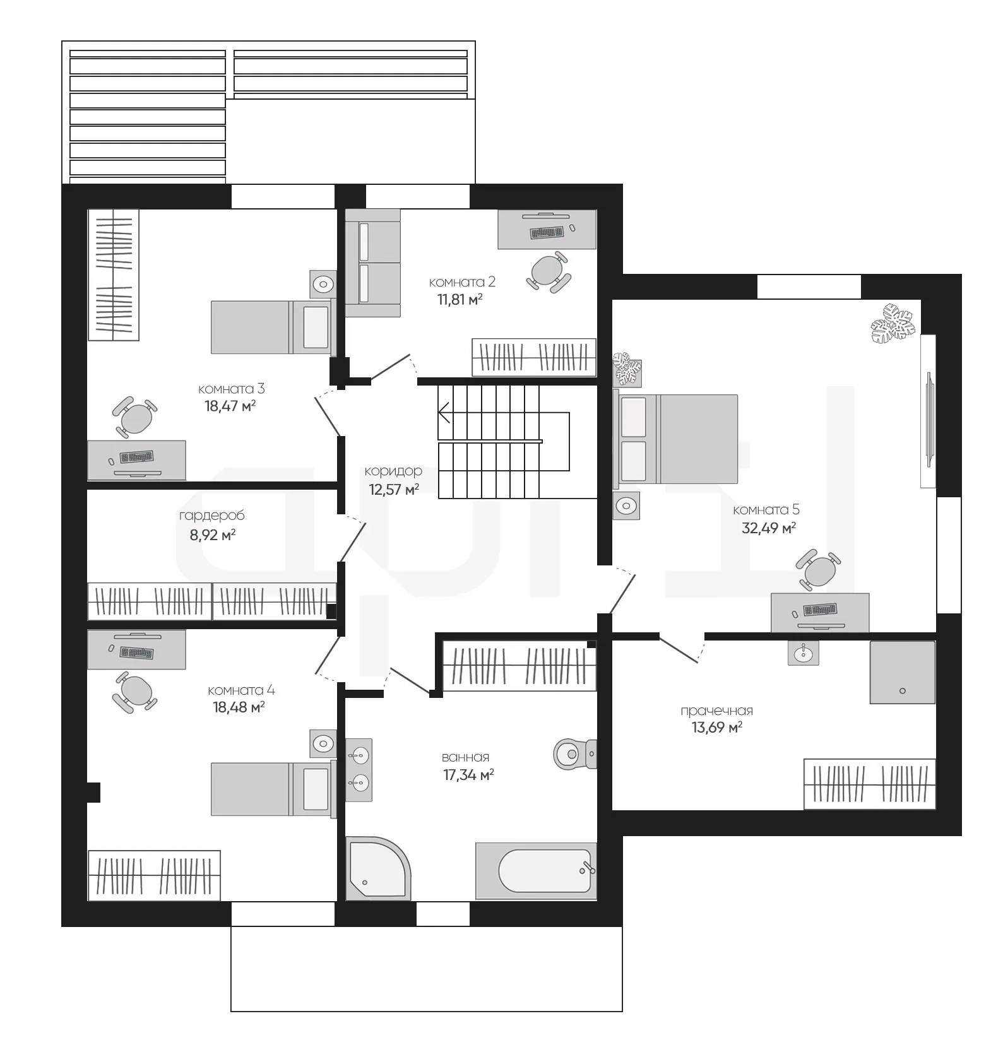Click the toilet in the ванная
click(x=574, y=753)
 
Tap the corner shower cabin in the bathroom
click(x=378, y=868)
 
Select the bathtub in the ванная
click(x=536, y=870)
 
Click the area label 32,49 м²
click(x=768, y=528)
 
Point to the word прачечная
click(x=716, y=711)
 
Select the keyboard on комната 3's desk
click(x=137, y=456)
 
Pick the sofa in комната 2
click(x=373, y=263)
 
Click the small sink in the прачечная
click(x=803, y=653)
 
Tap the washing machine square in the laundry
click(x=902, y=672)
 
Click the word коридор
click(x=393, y=471)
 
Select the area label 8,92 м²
click(x=213, y=535)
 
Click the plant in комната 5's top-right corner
click(x=893, y=323)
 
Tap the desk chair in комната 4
click(x=134, y=692)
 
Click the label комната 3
click(x=231, y=389)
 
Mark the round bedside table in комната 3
click(x=323, y=285)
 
